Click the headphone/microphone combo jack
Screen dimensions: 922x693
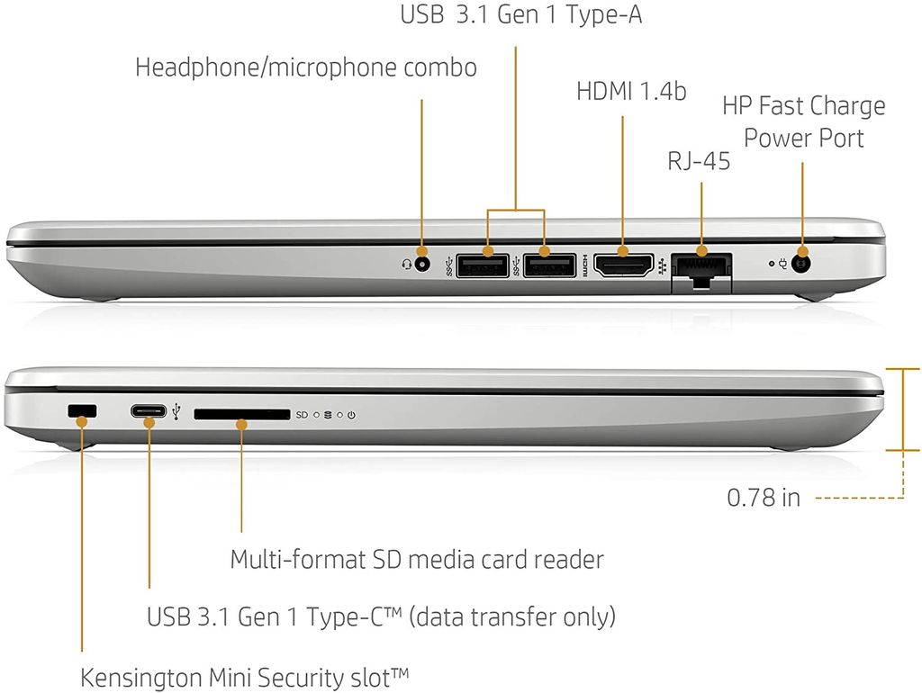[x=421, y=264]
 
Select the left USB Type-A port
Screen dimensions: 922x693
[x=483, y=265]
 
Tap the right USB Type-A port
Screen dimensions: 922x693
[x=549, y=265]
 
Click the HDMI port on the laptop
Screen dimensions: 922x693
[x=623, y=265]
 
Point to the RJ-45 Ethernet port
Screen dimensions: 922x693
[x=701, y=272]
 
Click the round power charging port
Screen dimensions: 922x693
[x=800, y=264]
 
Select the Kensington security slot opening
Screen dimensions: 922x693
[x=82, y=411]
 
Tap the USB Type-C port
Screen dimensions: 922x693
[x=149, y=411]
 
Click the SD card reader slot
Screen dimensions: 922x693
[x=242, y=414]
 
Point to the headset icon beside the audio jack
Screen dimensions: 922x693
[x=406, y=265]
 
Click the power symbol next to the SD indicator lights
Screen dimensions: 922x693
[x=351, y=415]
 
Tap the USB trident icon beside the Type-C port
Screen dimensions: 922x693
[x=176, y=412]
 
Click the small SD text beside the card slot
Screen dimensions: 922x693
[x=302, y=415]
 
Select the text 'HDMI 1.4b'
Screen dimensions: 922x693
[x=631, y=92]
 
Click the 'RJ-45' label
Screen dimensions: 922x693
[x=699, y=161]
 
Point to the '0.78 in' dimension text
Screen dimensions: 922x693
[x=764, y=498]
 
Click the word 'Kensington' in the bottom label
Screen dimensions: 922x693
[x=141, y=679]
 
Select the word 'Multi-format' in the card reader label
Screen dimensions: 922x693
[x=297, y=560]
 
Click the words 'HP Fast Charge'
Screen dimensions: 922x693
[x=804, y=106]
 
